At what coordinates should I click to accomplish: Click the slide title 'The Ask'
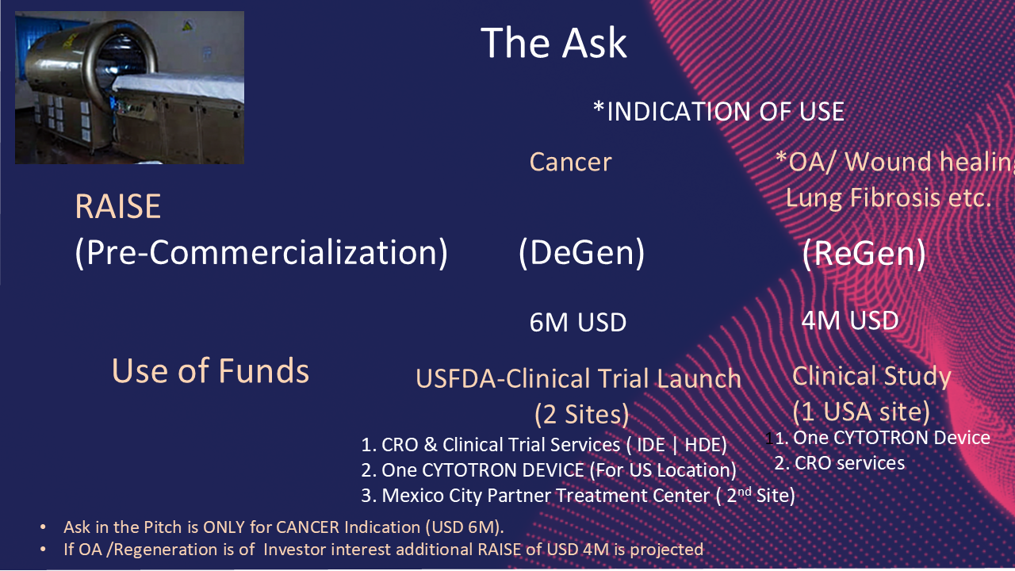[553, 43]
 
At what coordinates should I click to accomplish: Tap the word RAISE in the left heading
[118, 207]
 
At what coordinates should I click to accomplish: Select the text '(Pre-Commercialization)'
[262, 253]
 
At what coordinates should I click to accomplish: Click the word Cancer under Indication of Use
[570, 163]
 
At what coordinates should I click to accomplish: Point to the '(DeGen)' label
[581, 253]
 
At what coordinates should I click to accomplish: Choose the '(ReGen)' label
[864, 253]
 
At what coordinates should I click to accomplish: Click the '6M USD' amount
[578, 322]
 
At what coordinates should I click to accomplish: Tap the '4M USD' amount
[850, 320]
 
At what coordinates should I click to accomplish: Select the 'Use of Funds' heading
[210, 370]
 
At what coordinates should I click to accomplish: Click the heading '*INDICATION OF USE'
[718, 111]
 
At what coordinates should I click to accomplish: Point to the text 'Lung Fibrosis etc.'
[889, 198]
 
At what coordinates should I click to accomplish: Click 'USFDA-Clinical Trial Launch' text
[578, 379]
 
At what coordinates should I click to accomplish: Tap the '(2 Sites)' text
[582, 414]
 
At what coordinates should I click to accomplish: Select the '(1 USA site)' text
[861, 412]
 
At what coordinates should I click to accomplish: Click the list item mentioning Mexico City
[578, 496]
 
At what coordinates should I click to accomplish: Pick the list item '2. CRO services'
[839, 463]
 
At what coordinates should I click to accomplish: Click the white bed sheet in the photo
[179, 86]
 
